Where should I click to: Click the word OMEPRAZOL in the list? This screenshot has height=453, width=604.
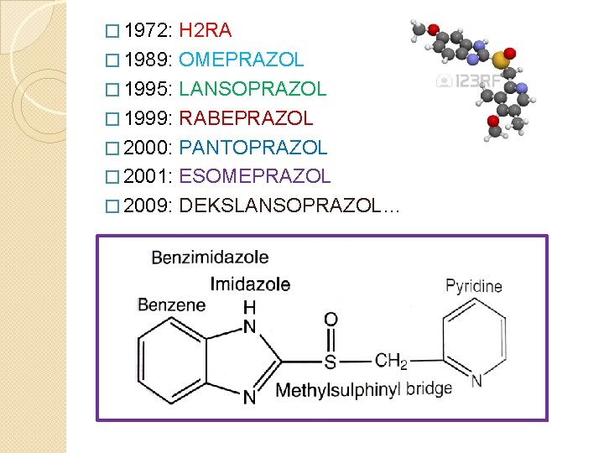coord(242,60)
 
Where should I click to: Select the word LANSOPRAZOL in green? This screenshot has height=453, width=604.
coord(253,89)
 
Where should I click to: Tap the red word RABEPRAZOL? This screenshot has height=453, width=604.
coord(246,118)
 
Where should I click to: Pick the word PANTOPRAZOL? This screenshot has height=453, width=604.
coord(253,148)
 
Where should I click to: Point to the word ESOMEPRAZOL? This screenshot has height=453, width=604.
coord(255,176)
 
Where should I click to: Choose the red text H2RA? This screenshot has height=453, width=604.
coord(206,31)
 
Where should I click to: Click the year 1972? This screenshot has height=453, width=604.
coord(147,31)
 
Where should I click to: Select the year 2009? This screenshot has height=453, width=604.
coord(147,206)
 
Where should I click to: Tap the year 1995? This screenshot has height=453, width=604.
coord(147,89)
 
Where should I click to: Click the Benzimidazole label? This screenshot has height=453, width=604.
coord(210,257)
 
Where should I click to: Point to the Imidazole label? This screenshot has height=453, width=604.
coord(250,284)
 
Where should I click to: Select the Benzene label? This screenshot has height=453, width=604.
coord(171,304)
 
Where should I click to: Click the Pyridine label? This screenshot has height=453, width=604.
coord(474,286)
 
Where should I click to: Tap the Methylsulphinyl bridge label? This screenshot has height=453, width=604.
coord(363,389)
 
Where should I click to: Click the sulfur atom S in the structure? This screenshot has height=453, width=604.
coord(330,362)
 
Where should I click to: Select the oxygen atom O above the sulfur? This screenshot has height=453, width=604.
coord(331,320)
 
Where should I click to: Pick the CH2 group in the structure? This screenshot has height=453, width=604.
coord(391,362)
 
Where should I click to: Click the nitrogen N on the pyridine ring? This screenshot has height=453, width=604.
coord(476,381)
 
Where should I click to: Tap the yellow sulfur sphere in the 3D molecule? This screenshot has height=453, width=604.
coord(500,60)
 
